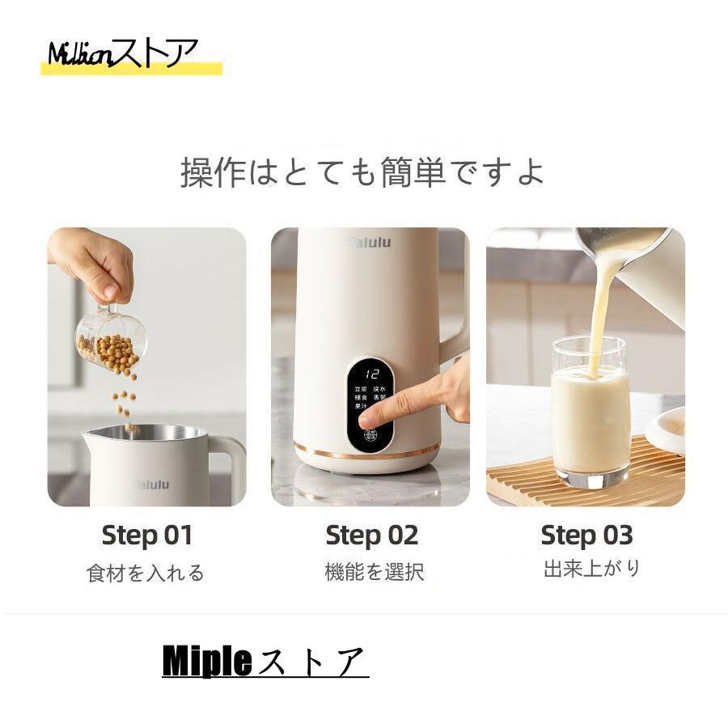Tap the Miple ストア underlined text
pyautogui.click(x=265, y=662)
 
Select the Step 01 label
pyautogui.click(x=147, y=535)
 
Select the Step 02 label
pyautogui.click(x=371, y=535)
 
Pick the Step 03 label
pyautogui.click(x=586, y=535)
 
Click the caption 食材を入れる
pyautogui.click(x=146, y=574)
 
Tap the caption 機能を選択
pyautogui.click(x=374, y=573)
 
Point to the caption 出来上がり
pyautogui.click(x=592, y=569)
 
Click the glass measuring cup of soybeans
pyautogui.click(x=112, y=340)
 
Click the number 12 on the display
pyautogui.click(x=373, y=375)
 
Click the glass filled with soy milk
pyautogui.click(x=590, y=417)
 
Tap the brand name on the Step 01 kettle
pyautogui.click(x=152, y=485)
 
